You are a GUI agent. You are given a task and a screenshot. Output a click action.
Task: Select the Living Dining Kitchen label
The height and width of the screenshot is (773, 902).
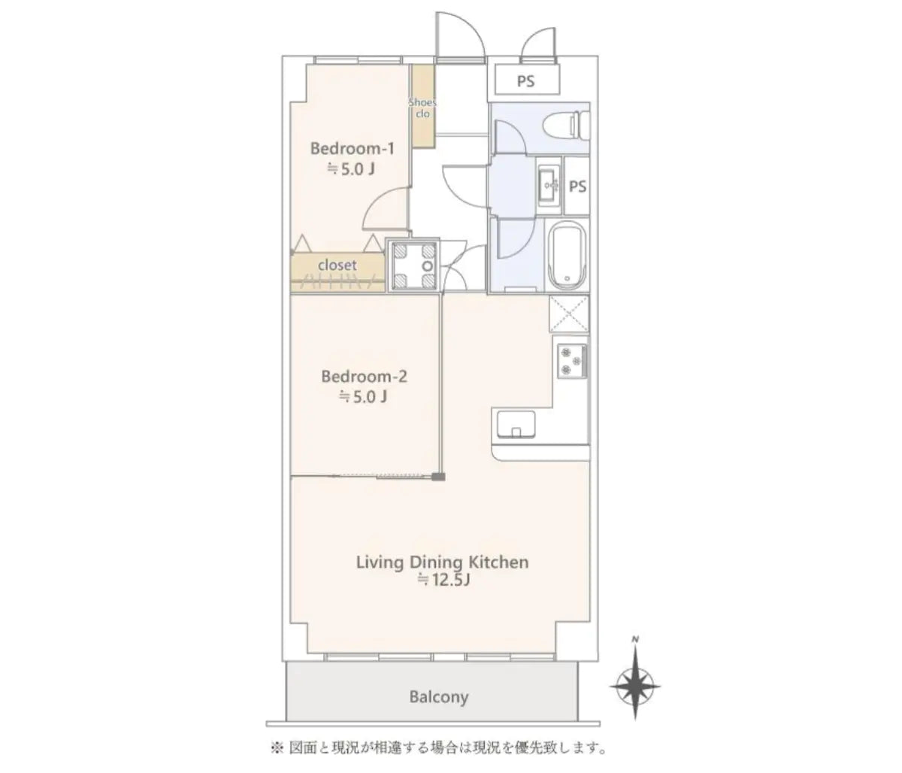(442, 562)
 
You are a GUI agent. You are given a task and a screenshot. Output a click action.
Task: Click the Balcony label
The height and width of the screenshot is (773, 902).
(438, 697)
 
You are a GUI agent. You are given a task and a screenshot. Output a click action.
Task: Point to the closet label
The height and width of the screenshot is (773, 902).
(337, 265)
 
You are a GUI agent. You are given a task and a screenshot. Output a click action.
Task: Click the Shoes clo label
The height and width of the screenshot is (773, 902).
(422, 108)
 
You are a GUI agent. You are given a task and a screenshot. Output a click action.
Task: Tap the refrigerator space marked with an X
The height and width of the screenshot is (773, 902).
(569, 314)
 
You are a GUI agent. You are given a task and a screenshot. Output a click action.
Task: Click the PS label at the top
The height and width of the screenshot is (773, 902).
(525, 81)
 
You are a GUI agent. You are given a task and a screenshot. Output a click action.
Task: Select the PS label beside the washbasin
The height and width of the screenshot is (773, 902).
(577, 186)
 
